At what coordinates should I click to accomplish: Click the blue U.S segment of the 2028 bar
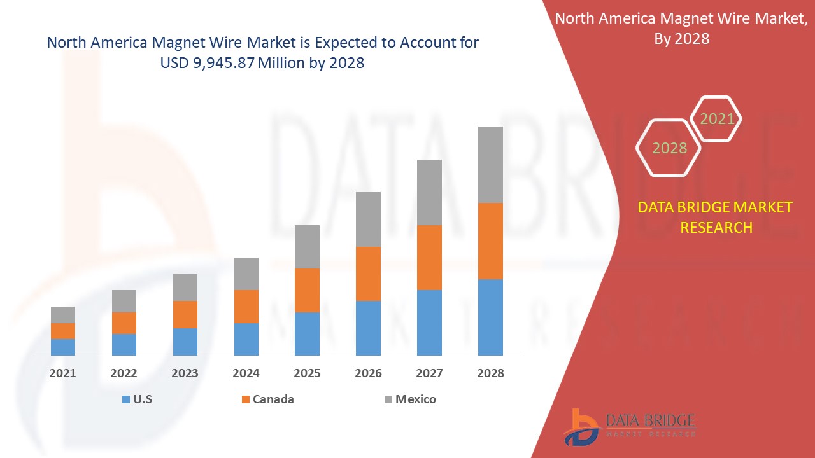tap(490, 317)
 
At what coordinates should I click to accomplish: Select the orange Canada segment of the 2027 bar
tap(429, 258)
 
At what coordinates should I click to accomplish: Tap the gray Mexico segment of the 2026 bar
tap(368, 219)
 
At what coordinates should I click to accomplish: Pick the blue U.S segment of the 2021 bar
tap(63, 347)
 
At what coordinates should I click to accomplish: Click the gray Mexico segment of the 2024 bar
tap(246, 274)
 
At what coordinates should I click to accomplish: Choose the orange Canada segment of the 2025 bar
tap(307, 290)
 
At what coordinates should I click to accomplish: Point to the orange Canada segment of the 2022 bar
tap(124, 323)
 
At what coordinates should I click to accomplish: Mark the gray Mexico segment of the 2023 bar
tap(185, 288)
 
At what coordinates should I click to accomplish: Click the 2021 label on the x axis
tap(63, 373)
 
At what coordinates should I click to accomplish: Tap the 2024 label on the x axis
tap(246, 373)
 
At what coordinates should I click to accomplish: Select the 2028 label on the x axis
tap(490, 373)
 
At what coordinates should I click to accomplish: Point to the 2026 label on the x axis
tap(368, 373)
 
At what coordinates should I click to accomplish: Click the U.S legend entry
tap(136, 399)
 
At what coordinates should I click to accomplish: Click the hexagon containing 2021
tap(717, 119)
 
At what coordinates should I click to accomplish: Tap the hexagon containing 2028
tap(669, 148)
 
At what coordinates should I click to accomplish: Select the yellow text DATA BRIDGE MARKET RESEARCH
tap(716, 217)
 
